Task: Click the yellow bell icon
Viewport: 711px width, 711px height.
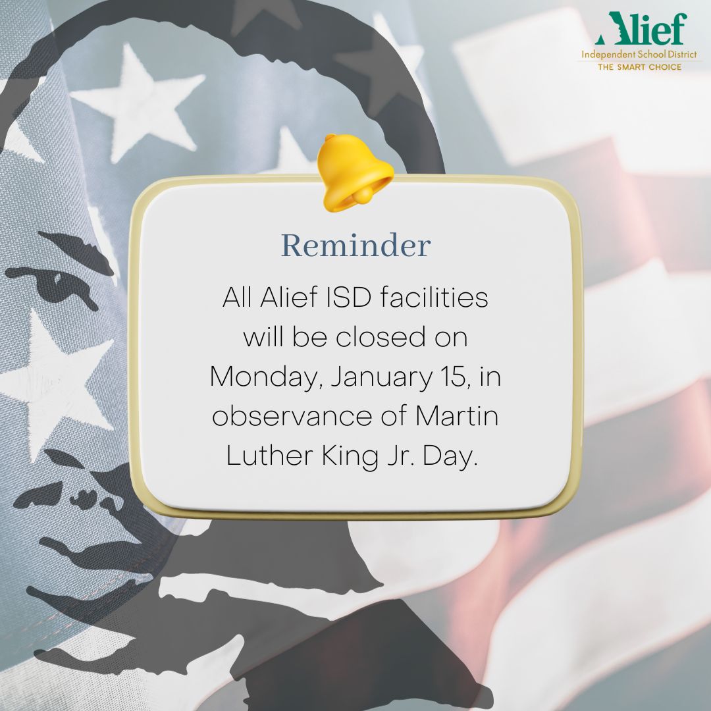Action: tap(355, 172)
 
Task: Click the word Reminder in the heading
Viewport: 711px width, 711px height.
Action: tap(355, 246)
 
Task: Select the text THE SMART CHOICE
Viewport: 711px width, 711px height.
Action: tap(639, 67)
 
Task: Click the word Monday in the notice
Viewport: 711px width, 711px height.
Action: tap(265, 377)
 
